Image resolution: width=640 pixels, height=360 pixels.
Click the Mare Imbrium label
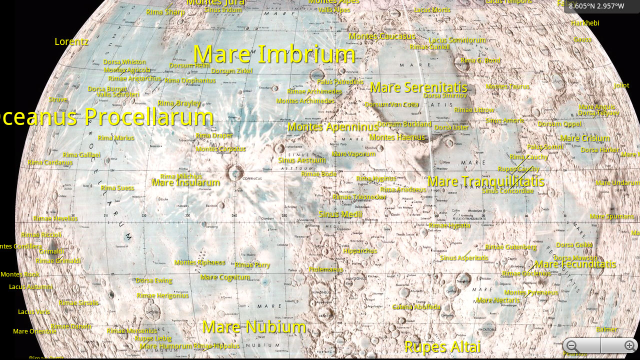coord(274,54)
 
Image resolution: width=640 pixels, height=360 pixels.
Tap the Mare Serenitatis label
coord(418,87)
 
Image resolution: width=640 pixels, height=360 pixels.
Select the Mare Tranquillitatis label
coord(485,181)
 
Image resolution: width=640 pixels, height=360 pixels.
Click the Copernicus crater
coord(235,173)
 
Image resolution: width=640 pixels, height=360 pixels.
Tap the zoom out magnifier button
coord(572,346)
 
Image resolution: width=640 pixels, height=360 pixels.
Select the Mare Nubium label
coord(254,327)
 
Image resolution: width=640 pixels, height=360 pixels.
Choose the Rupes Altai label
coord(442,346)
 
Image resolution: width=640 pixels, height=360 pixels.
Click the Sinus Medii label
coord(340,214)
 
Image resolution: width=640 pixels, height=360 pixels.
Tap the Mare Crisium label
coord(585,138)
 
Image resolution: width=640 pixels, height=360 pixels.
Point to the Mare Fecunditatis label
coord(575,264)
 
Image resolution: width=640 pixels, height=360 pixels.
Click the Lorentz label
coord(71,41)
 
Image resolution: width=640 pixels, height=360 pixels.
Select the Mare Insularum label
coord(186,182)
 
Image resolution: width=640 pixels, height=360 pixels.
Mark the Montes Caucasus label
coord(382,36)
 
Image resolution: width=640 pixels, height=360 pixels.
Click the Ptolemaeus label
coord(325,269)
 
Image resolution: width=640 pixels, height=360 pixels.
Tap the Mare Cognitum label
coord(225,277)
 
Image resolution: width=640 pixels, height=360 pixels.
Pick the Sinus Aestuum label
coord(302,160)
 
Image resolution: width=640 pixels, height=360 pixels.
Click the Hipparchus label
coord(360,251)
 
